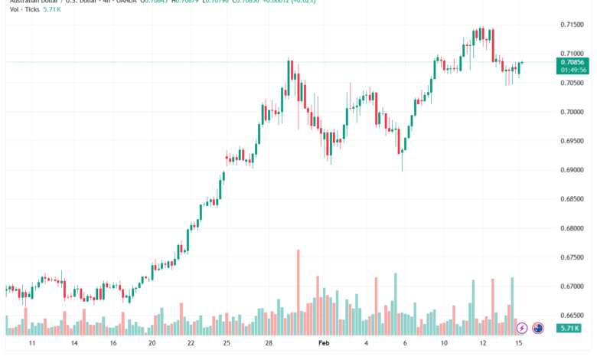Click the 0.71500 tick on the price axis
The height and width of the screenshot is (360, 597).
(573, 25)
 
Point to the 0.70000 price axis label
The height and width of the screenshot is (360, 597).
(573, 112)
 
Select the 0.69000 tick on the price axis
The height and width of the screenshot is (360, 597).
(573, 170)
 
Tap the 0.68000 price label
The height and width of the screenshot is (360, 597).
(573, 228)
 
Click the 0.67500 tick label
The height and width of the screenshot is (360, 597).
(573, 257)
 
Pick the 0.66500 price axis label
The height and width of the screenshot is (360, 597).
(573, 316)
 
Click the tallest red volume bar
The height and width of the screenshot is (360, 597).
(298, 291)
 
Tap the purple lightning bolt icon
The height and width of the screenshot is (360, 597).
(522, 328)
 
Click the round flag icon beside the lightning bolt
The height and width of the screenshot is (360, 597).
(538, 328)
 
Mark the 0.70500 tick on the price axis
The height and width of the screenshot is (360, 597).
(573, 83)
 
